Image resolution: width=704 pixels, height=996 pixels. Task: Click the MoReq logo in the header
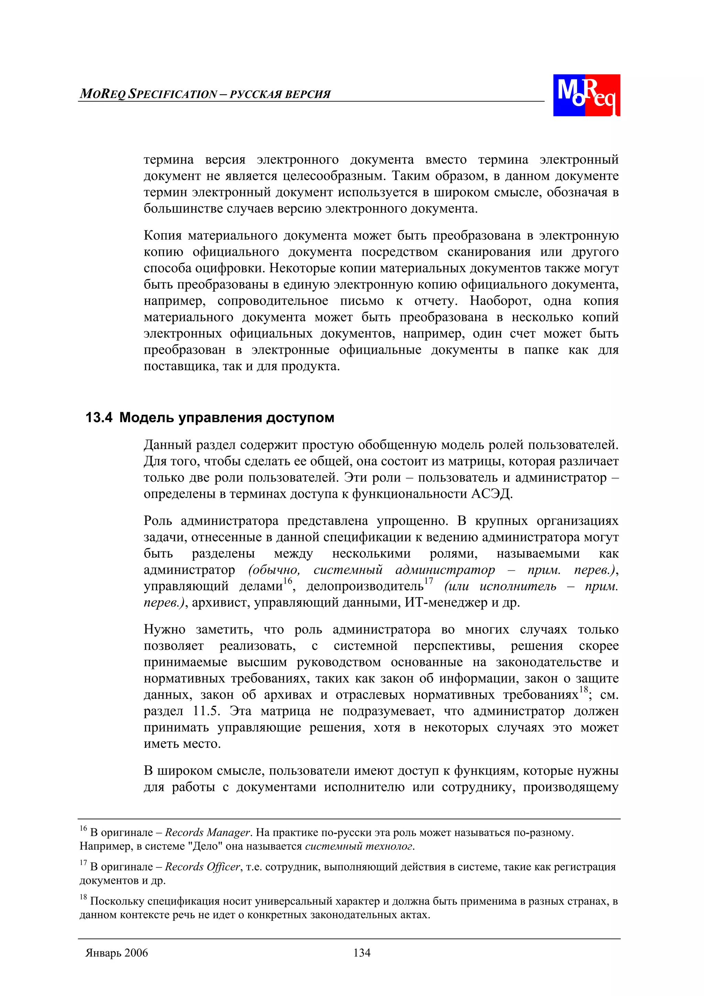point(586,95)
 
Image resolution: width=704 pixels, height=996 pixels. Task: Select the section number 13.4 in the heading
point(99,417)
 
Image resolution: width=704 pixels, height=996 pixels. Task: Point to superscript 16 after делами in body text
point(288,580)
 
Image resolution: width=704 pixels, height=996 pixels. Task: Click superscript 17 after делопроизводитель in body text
point(429,580)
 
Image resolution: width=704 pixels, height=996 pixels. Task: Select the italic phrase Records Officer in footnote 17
point(202,867)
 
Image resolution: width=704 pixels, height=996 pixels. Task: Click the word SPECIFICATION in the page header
point(173,94)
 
